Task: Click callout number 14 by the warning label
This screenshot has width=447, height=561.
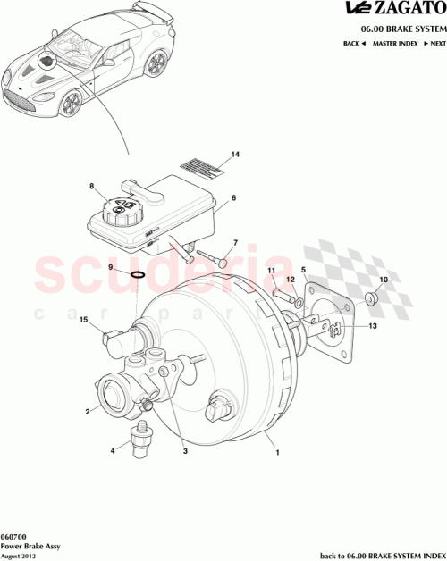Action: point(235,155)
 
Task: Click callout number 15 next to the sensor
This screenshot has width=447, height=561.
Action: point(83,320)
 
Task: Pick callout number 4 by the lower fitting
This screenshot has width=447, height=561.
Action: point(113,450)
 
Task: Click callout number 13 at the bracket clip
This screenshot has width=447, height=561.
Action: point(373,326)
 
